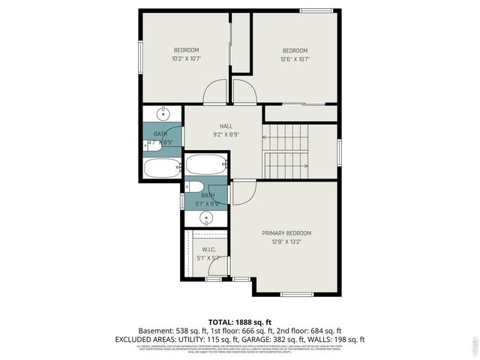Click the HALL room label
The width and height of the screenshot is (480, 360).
coord(226,126)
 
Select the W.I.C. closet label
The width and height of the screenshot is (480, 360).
coord(208,249)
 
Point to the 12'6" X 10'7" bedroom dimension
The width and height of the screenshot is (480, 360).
coord(295,59)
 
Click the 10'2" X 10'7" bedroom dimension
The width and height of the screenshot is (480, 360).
coord(186,58)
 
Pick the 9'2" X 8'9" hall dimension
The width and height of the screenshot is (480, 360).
coord(225,135)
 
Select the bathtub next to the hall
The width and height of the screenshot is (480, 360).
coord(205,164)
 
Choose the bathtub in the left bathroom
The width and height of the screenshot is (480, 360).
coord(161,168)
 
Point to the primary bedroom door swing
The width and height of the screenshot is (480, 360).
coord(241,193)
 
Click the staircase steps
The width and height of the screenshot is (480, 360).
coord(285,150)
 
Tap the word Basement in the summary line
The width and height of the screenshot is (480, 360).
coord(154,330)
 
